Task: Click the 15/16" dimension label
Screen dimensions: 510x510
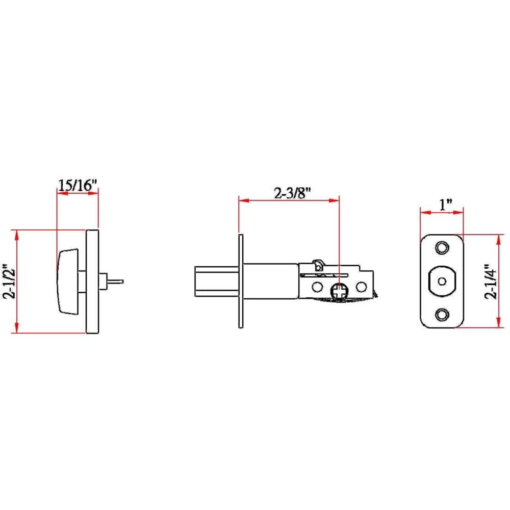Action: [78, 185]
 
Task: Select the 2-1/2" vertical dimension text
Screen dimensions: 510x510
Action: [9, 281]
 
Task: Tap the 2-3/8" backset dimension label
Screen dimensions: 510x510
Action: [293, 193]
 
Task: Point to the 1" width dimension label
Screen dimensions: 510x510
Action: [446, 205]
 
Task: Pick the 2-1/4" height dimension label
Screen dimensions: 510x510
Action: [491, 282]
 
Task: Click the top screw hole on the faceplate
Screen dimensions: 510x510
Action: [442, 247]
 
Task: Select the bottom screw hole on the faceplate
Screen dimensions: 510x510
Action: [442, 314]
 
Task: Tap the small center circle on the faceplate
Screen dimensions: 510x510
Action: [442, 281]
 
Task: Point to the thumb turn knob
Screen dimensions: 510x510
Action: [68, 282]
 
